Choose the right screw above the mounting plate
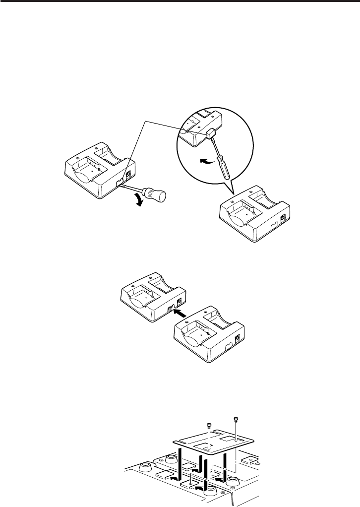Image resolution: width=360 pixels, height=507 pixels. (x=237, y=419)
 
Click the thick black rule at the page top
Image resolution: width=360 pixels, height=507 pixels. (x=180, y=2)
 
